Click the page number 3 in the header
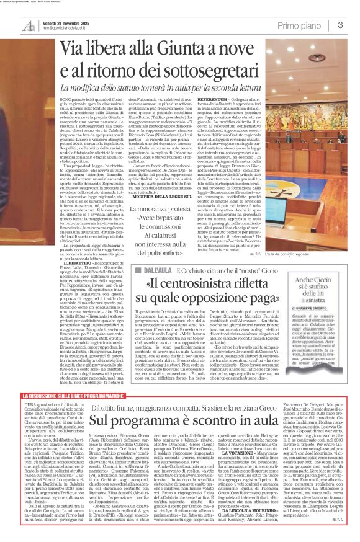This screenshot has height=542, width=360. coord(340,25)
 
